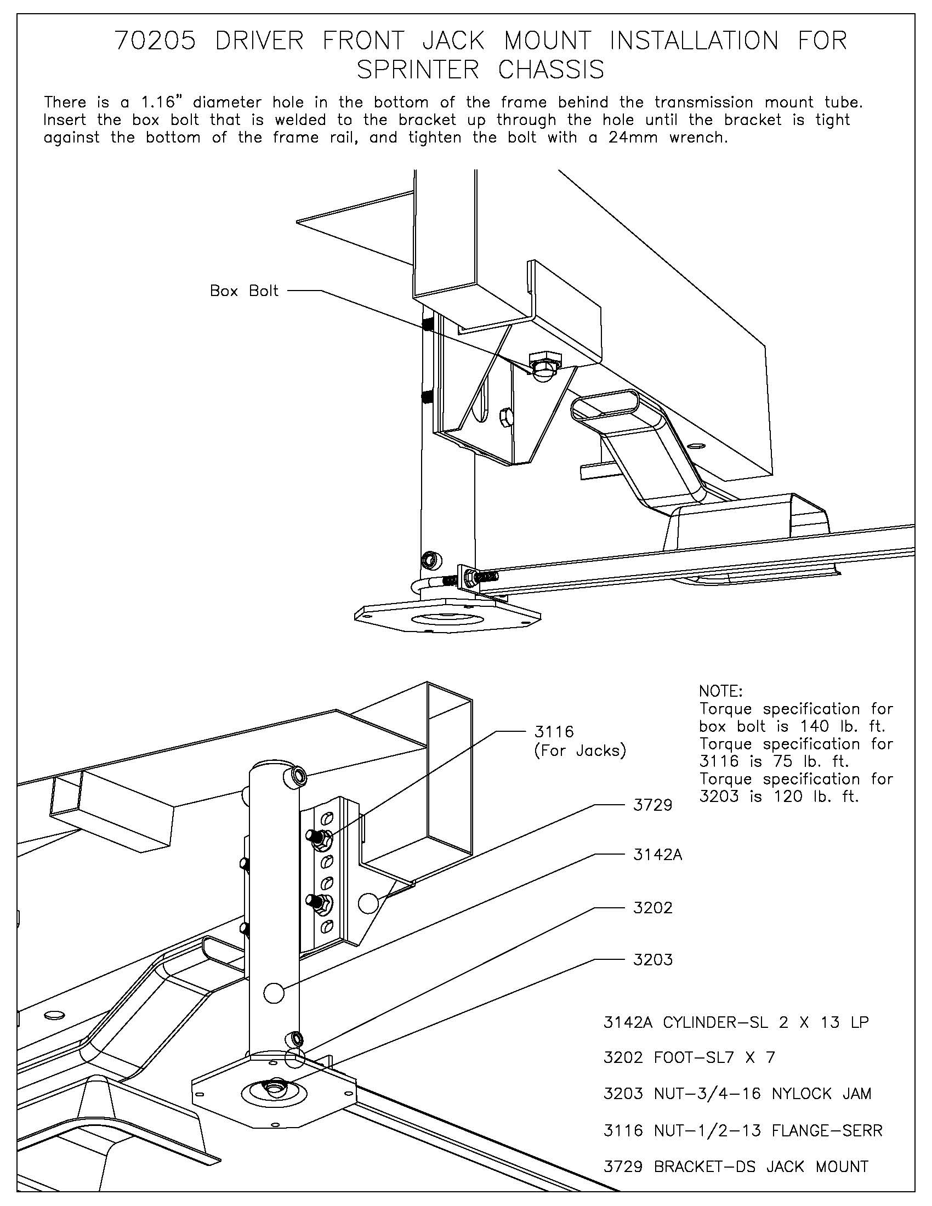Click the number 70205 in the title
coord(155,42)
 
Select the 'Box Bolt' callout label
coord(244,291)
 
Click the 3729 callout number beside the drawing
coord(652,805)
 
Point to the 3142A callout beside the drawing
coord(657,855)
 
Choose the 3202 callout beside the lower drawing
coord(652,908)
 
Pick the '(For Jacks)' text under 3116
coord(579,752)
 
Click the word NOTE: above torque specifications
coord(720,691)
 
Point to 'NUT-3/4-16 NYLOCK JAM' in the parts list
coord(762,1094)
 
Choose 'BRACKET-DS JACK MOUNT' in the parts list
coord(761,1167)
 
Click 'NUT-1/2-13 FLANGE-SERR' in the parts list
coord(768,1130)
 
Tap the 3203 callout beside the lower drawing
coord(652,960)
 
